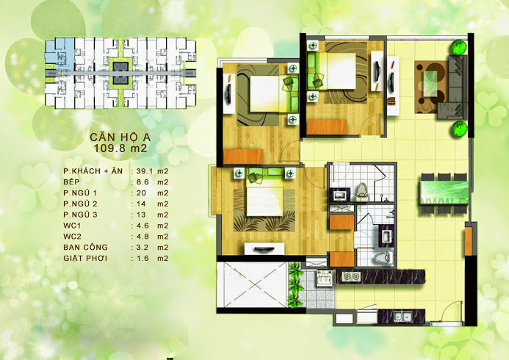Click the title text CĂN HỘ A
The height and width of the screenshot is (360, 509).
(120, 137)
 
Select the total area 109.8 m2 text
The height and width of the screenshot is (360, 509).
(120, 148)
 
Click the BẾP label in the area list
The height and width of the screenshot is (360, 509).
(71, 181)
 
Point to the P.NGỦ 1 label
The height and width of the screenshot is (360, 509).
(80, 192)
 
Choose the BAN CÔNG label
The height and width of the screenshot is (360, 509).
(85, 247)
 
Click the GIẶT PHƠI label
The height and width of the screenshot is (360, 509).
(85, 259)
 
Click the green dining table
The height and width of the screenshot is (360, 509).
(444, 193)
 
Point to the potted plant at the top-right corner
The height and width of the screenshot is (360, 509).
(459, 46)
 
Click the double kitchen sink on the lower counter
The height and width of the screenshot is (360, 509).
(402, 316)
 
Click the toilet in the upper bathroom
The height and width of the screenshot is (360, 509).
(362, 192)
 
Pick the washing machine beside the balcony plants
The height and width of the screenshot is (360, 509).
(325, 278)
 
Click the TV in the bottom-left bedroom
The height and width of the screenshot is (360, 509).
(264, 249)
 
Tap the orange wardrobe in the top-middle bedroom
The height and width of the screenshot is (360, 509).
(327, 127)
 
